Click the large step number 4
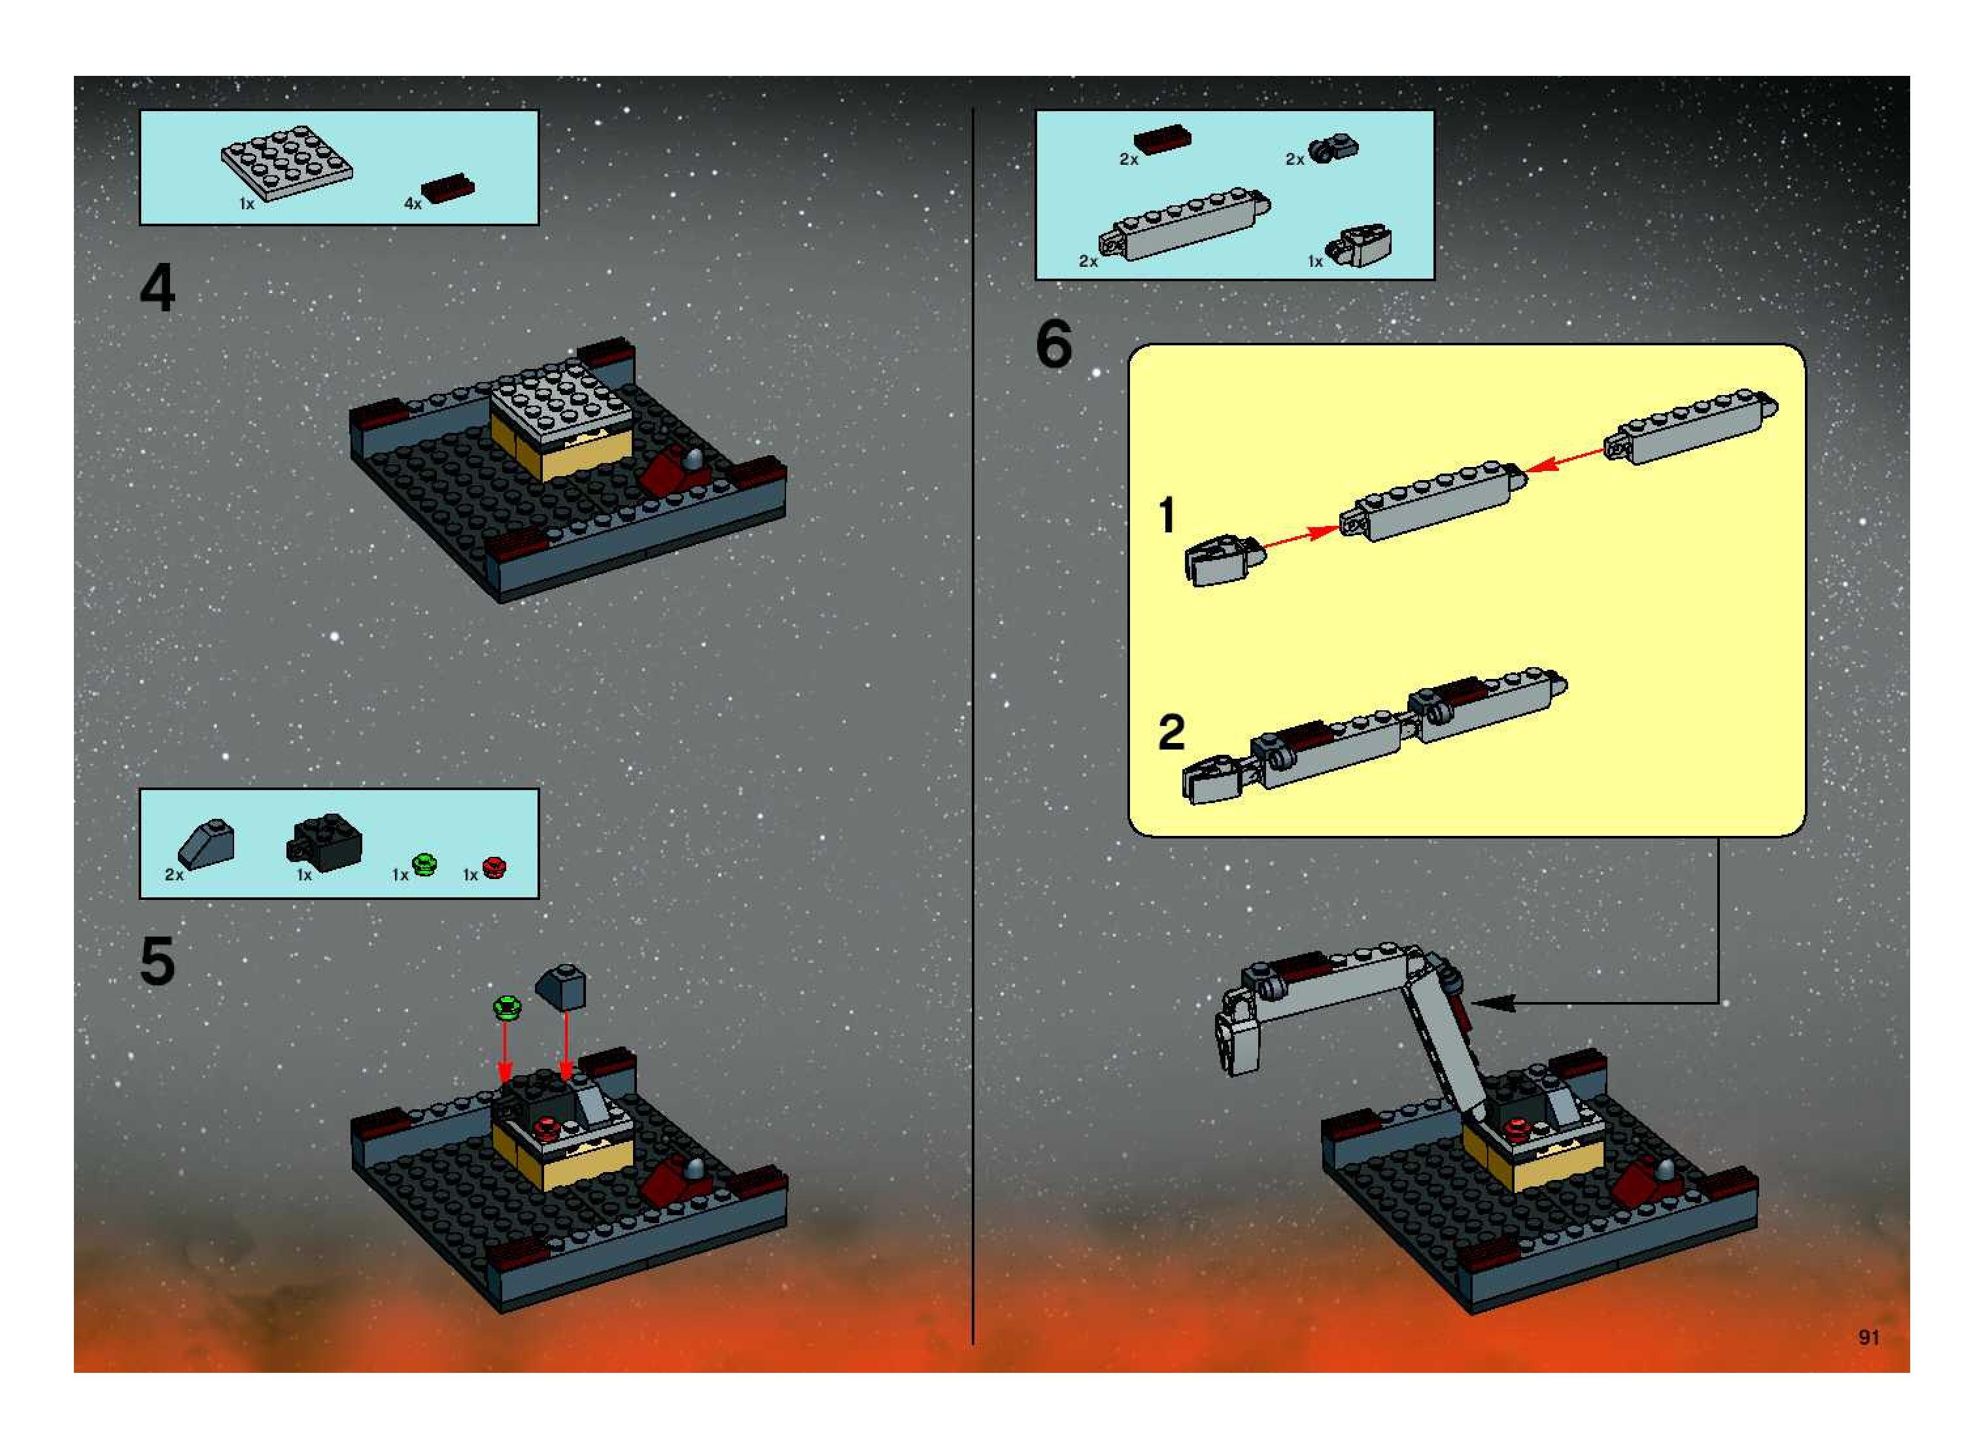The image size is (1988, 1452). click(158, 289)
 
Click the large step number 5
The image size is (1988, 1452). click(158, 961)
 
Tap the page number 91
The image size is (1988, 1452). click(1868, 1337)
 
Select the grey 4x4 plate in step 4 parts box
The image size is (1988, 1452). click(286, 163)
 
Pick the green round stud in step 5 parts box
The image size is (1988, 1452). click(424, 864)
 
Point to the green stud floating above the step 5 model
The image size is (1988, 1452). click(507, 1007)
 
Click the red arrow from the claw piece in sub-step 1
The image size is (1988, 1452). click(1301, 537)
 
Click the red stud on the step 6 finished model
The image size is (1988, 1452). click(1513, 1128)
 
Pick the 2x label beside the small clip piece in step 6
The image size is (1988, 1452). click(1295, 160)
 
